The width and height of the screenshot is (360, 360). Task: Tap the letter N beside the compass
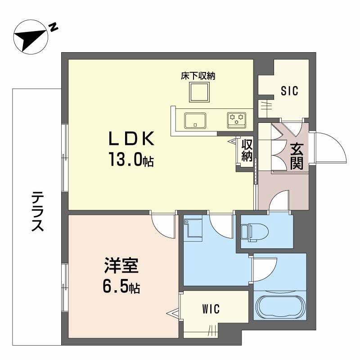53,28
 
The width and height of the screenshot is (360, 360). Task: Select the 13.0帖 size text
130,160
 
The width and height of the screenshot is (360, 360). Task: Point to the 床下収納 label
198,76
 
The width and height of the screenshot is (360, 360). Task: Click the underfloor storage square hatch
198,93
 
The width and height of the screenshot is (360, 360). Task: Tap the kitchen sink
195,120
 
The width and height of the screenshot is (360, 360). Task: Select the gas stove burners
237,119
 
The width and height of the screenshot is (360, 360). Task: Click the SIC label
289,91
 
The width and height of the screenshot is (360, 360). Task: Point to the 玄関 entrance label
296,156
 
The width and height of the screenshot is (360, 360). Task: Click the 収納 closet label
247,150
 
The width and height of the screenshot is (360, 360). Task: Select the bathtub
280,307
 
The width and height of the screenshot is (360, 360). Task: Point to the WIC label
210,309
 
